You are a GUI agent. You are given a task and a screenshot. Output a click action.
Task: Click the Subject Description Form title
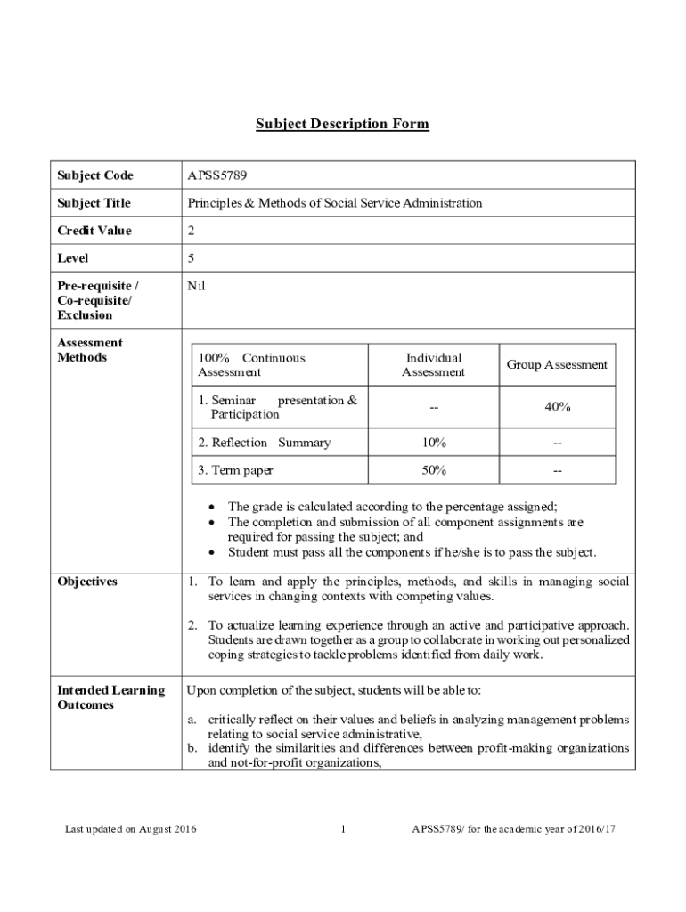pos(342,124)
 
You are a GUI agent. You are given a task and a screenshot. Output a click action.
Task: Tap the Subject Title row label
pos(94,203)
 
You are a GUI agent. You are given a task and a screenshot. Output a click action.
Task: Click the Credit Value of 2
pos(192,231)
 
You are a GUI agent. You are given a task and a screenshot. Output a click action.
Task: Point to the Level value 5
pos(192,258)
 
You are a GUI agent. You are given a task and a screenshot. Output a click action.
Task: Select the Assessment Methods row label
pos(90,350)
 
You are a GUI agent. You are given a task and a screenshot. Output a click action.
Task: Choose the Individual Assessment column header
pos(433,365)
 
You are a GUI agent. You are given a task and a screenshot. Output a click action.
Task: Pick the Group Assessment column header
pos(557,365)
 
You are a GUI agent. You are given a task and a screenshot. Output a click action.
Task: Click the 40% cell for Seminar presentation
pos(557,407)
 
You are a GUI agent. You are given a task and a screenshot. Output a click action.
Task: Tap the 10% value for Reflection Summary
pos(434,443)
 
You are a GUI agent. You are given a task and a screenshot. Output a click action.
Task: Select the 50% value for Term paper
pos(434,470)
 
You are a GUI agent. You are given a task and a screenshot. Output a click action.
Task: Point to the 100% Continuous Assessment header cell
pos(251,365)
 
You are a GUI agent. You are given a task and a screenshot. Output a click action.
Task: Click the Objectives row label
pos(87,582)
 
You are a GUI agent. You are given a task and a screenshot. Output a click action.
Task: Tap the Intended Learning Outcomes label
pos(110,697)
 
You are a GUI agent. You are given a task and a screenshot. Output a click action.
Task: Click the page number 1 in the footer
pos(343,830)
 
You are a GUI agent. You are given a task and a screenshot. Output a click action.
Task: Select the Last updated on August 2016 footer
pos(130,830)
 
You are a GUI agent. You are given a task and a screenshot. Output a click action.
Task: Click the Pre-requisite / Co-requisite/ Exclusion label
pos(97,300)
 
